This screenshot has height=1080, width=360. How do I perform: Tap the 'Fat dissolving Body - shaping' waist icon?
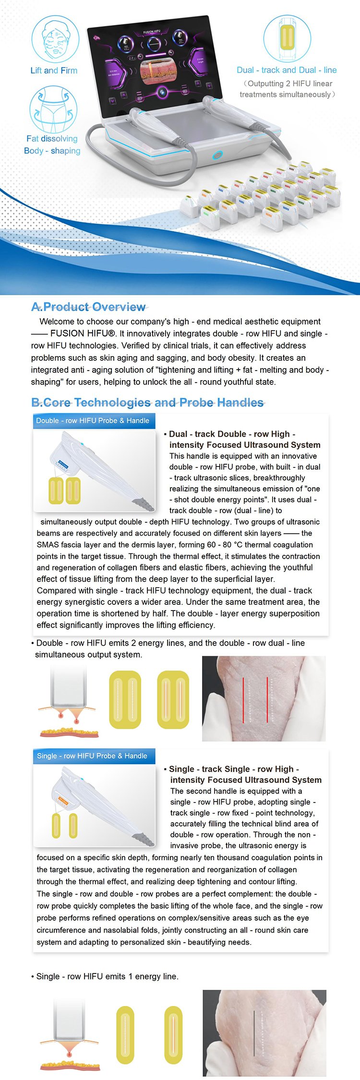(x=53, y=109)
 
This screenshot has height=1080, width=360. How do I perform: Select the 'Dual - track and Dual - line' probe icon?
(x=287, y=38)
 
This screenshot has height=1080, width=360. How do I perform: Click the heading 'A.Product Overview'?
(x=89, y=307)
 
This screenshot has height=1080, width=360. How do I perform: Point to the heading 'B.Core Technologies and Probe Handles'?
(x=147, y=402)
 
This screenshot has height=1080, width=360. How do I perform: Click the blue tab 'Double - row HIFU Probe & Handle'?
(x=93, y=420)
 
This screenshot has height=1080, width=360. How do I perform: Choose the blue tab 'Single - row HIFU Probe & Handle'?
(x=92, y=756)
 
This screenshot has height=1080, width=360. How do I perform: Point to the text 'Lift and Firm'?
(x=54, y=71)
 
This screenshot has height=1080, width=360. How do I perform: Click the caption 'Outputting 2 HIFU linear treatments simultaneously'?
(x=287, y=89)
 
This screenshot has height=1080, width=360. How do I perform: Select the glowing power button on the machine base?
(x=218, y=155)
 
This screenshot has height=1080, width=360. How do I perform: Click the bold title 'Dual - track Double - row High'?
(x=232, y=434)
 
